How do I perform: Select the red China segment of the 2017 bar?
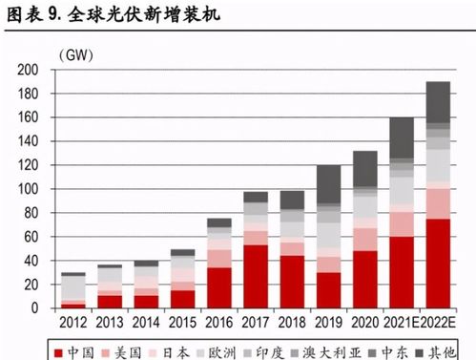click(x=255, y=277)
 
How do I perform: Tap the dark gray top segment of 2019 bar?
click(x=329, y=184)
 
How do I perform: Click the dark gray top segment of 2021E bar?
click(x=402, y=138)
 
